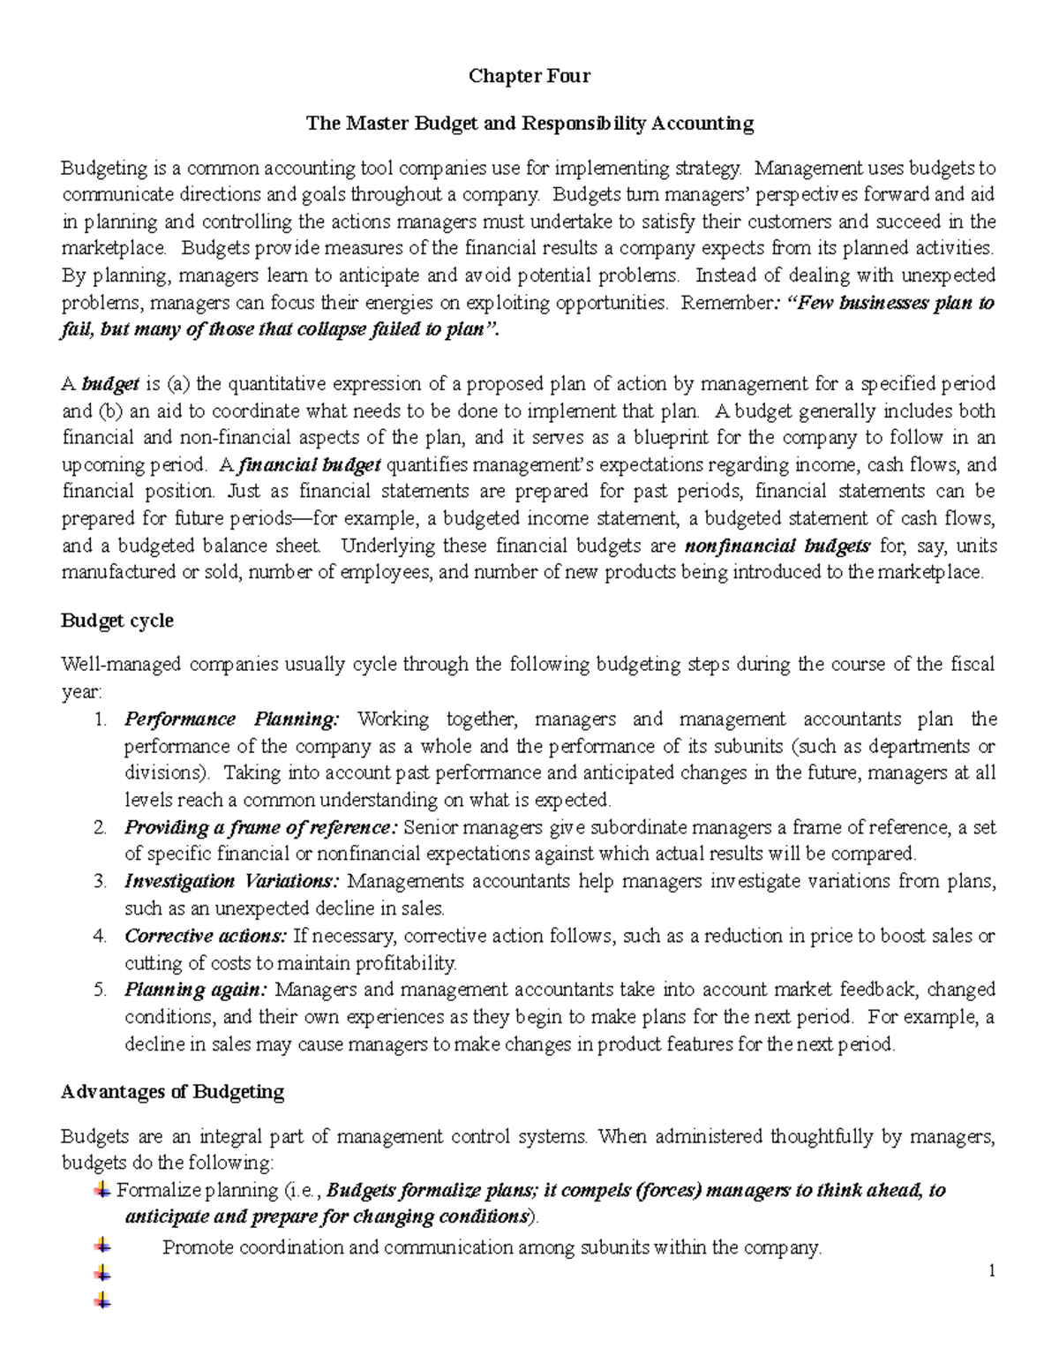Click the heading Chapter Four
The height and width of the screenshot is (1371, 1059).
(529, 76)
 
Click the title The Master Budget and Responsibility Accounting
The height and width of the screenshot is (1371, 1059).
(529, 123)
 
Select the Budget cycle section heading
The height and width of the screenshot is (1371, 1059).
(116, 621)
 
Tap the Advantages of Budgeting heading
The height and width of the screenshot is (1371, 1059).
(172, 1092)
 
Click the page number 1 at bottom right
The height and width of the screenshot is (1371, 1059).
(992, 1271)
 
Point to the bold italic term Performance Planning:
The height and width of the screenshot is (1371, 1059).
(231, 719)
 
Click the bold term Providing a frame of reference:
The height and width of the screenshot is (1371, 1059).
(261, 827)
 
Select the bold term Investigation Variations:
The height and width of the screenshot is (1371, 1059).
(231, 881)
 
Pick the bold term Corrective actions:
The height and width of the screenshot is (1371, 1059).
(206, 936)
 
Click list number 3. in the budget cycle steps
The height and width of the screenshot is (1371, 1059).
(100, 881)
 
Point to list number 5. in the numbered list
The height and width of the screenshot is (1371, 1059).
(100, 990)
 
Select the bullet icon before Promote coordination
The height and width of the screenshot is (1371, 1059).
(102, 1246)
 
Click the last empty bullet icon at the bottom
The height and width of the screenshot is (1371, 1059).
(102, 1299)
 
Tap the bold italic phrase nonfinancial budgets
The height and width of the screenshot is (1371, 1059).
(777, 546)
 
